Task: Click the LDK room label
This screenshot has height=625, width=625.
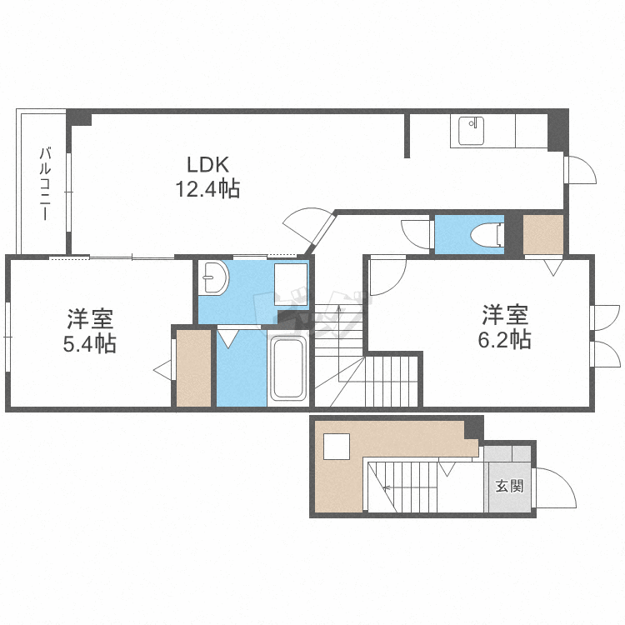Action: (x=207, y=164)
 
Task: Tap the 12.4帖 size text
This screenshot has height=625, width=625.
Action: (x=207, y=189)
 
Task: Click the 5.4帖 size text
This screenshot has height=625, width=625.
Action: (x=90, y=342)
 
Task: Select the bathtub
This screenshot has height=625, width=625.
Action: (x=289, y=370)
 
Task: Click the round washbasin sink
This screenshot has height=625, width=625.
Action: (x=215, y=277)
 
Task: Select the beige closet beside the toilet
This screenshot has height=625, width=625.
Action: (x=543, y=234)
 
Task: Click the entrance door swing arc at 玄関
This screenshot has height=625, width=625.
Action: (x=557, y=487)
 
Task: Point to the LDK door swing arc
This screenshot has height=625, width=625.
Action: (x=307, y=223)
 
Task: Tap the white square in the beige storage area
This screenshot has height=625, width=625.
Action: (x=337, y=447)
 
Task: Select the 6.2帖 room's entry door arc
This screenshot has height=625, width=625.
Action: (x=385, y=277)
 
